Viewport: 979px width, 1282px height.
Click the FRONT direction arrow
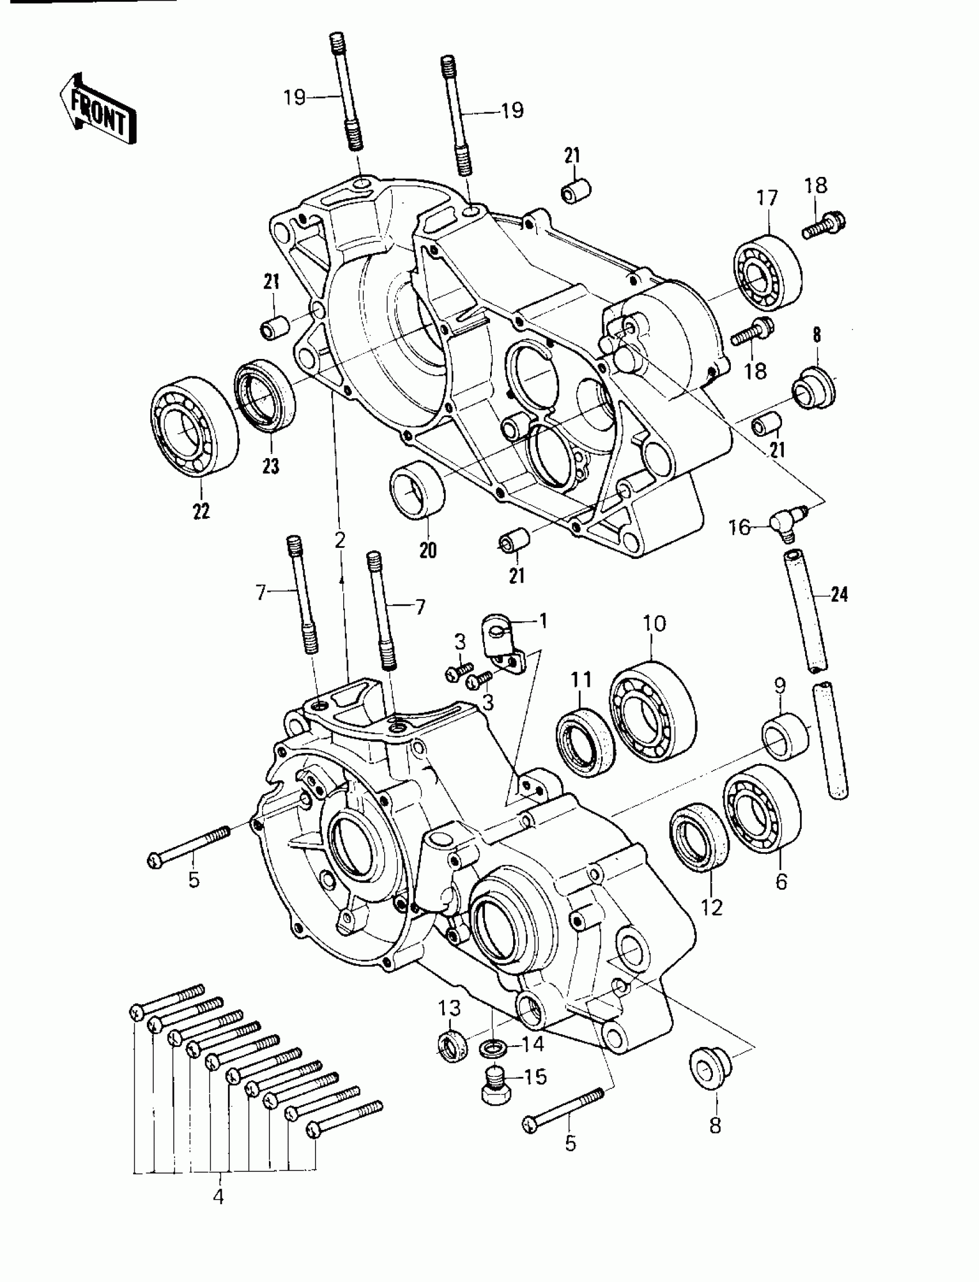(x=98, y=109)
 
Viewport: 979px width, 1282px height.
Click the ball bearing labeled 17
(x=767, y=272)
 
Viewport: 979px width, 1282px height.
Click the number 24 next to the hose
(x=839, y=595)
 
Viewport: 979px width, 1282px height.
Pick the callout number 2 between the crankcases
(x=340, y=540)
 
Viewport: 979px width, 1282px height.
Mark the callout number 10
(x=654, y=623)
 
